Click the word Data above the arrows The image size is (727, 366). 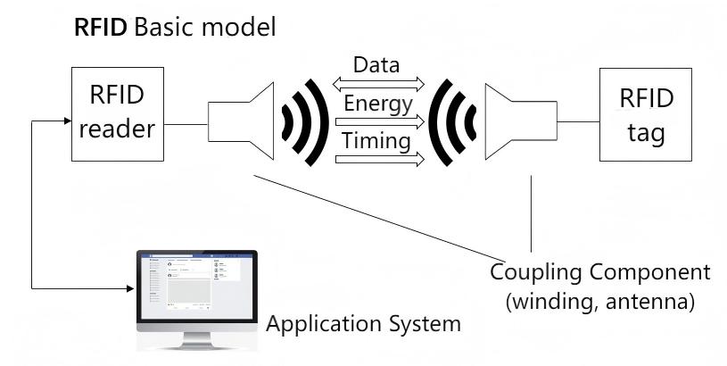pyautogui.click(x=376, y=65)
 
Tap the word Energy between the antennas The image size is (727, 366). pyautogui.click(x=377, y=104)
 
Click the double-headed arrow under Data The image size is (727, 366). pyautogui.click(x=377, y=84)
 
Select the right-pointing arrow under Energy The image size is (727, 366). pyautogui.click(x=377, y=122)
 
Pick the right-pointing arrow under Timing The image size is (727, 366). pyautogui.click(x=377, y=160)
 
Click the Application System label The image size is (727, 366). pyautogui.click(x=364, y=322)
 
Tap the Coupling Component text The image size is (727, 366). pyautogui.click(x=601, y=272)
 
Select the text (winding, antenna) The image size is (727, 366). pyautogui.click(x=600, y=303)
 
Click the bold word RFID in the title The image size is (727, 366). pyautogui.click(x=102, y=27)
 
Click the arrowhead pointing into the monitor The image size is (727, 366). pyautogui.click(x=129, y=288)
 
